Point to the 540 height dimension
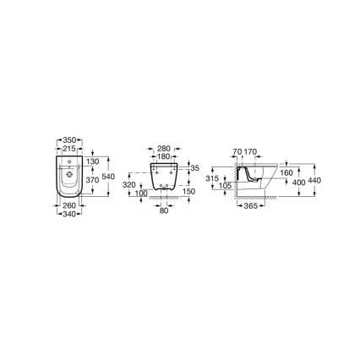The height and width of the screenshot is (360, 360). [108, 176]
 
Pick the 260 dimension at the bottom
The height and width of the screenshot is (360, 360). [68, 205]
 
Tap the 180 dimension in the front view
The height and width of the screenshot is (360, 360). [165, 155]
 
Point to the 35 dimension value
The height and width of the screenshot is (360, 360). [194, 168]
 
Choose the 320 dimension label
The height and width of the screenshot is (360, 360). [128, 183]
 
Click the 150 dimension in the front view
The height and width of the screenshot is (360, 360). [188, 191]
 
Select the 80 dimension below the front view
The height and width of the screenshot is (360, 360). [164, 210]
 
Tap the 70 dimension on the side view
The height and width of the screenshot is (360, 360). [237, 152]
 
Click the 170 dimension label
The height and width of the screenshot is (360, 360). [250, 152]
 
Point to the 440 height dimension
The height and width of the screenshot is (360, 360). [315, 181]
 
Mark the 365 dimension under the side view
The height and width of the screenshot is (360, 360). [250, 206]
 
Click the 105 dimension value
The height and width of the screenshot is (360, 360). [223, 185]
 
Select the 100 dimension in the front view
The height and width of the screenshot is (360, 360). [141, 193]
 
